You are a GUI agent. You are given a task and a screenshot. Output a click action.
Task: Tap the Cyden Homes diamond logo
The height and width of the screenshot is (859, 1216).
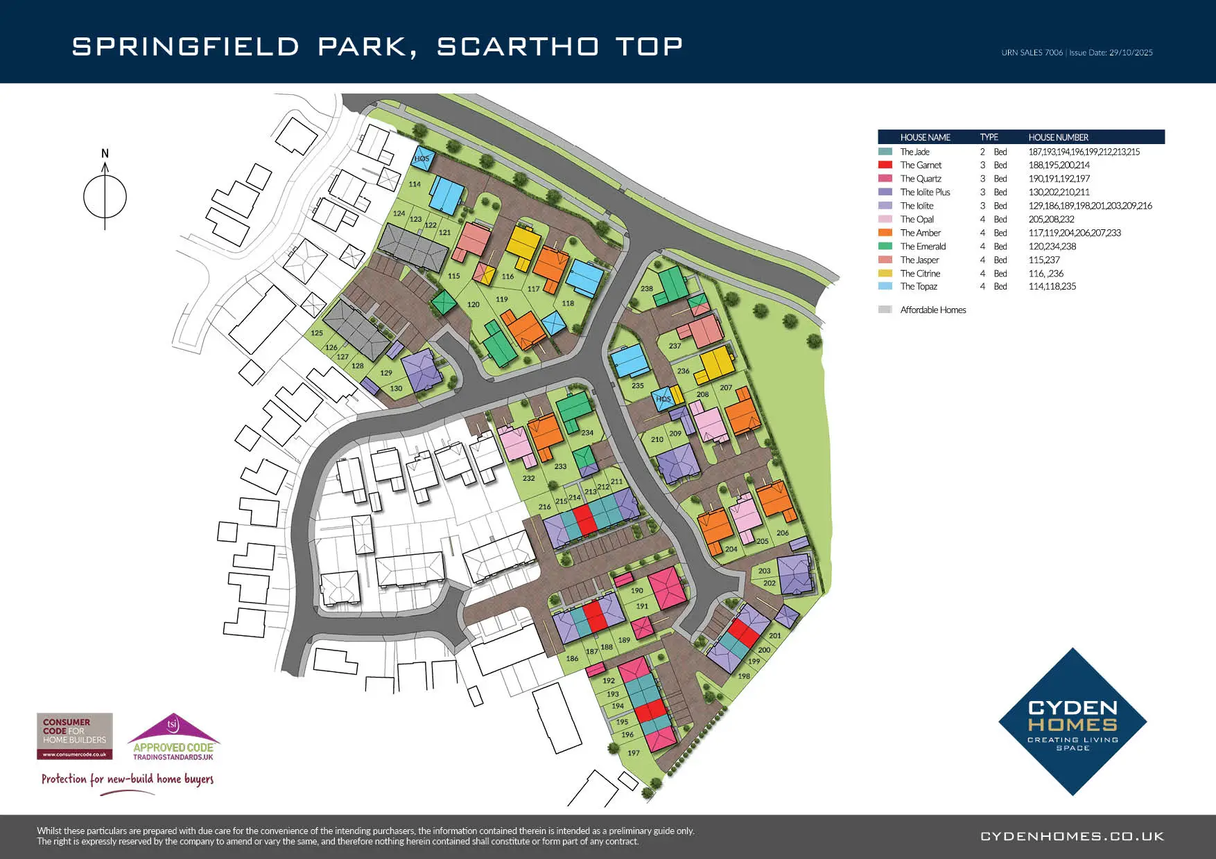pyautogui.click(x=1072, y=722)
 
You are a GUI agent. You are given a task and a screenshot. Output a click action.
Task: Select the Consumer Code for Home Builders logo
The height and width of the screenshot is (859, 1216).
pyautogui.click(x=74, y=736)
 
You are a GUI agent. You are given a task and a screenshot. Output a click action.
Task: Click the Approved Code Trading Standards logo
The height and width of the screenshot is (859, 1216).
pyautogui.click(x=173, y=738)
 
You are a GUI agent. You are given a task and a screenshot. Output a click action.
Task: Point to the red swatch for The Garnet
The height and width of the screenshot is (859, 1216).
pyautogui.click(x=885, y=165)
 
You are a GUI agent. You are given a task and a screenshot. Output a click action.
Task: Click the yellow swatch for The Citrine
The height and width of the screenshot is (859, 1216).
pyautogui.click(x=885, y=274)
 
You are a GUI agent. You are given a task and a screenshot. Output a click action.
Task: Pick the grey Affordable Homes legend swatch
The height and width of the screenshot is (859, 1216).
pyautogui.click(x=885, y=310)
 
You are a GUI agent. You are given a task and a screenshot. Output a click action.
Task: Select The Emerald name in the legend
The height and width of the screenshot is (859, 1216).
pyautogui.click(x=923, y=247)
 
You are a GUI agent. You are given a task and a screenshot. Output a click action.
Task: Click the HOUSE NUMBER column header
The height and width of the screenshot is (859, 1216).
pyautogui.click(x=1058, y=137)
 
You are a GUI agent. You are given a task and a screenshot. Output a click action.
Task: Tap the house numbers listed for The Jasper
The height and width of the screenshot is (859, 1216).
pyautogui.click(x=1044, y=260)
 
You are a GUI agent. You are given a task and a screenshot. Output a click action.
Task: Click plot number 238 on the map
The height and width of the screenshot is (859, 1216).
pyautogui.click(x=647, y=289)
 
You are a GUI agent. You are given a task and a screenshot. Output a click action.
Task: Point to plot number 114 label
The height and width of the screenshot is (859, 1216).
pyautogui.click(x=415, y=184)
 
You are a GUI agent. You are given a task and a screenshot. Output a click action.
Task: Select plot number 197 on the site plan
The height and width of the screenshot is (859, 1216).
pyautogui.click(x=634, y=753)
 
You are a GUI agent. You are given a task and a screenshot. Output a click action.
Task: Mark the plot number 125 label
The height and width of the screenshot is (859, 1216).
pyautogui.click(x=317, y=333)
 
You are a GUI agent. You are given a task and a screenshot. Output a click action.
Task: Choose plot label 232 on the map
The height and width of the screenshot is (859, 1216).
pyautogui.click(x=529, y=479)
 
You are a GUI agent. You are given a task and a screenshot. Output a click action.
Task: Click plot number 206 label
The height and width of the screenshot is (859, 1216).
pyautogui.click(x=783, y=533)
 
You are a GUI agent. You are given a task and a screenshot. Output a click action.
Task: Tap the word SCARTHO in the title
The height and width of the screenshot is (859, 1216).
pyautogui.click(x=518, y=46)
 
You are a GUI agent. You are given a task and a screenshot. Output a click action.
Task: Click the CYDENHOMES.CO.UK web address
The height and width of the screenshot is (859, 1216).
pyautogui.click(x=1072, y=836)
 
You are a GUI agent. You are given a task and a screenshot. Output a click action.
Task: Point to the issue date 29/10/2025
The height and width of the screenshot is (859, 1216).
pyautogui.click(x=1131, y=53)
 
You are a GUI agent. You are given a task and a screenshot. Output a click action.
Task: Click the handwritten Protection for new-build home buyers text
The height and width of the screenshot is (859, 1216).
pyautogui.click(x=128, y=779)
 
